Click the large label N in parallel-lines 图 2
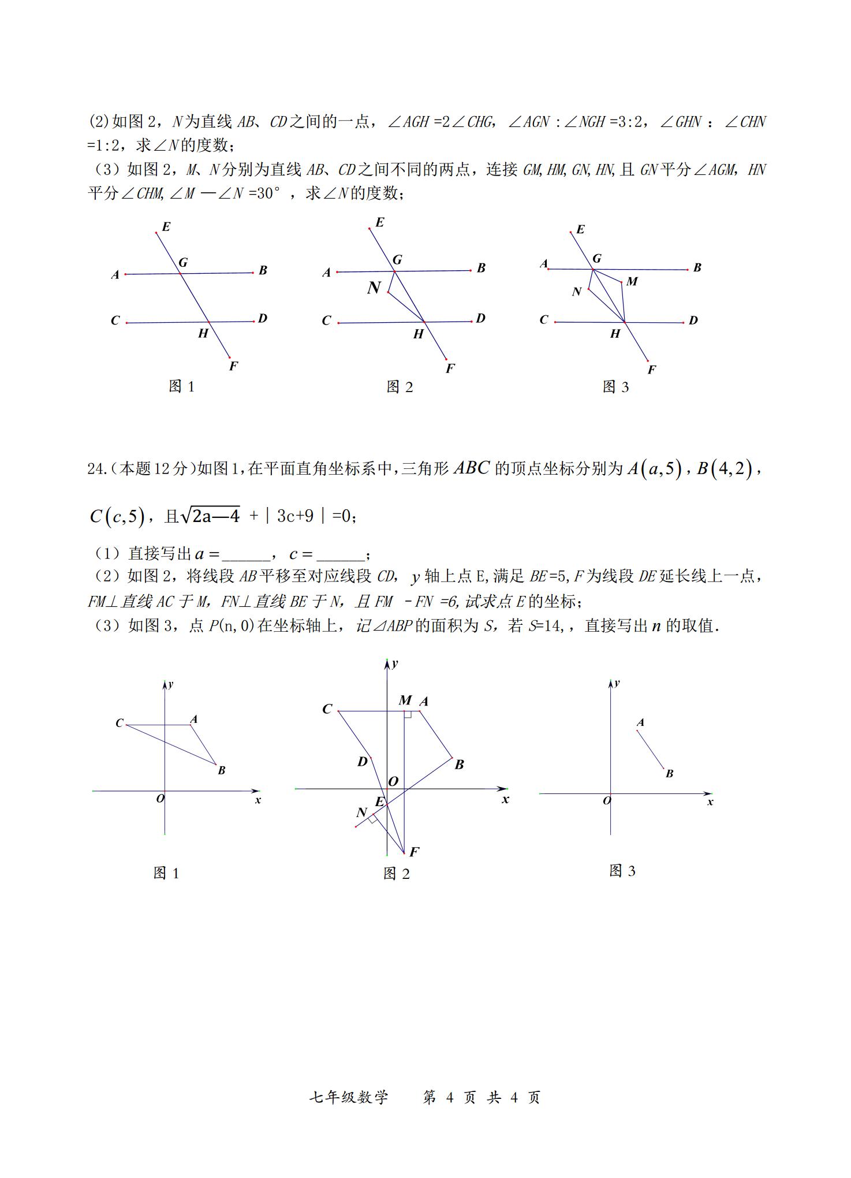[374, 288]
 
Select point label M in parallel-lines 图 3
[632, 281]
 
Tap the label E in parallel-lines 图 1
[166, 226]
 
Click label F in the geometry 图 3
[651, 370]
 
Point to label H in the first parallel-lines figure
[203, 333]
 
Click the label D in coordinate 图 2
[363, 762]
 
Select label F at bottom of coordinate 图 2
[414, 852]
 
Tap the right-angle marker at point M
[408, 714]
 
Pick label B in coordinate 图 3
[670, 774]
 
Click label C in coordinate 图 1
[120, 723]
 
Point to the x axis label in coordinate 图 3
[710, 802]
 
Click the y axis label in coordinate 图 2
[395, 663]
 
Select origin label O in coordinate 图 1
[160, 799]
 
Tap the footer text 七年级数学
[349, 1097]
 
